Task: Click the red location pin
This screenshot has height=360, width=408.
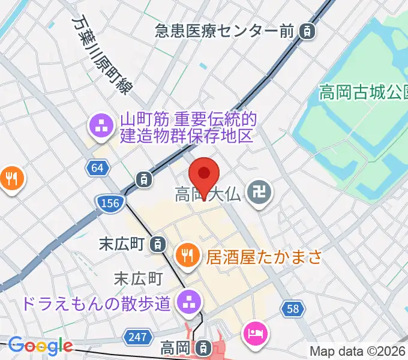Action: tap(204, 173)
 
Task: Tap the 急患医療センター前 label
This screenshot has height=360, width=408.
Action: tap(224, 29)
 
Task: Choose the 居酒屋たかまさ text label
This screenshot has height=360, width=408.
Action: tap(265, 258)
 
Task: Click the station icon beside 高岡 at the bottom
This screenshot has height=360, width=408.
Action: tap(204, 347)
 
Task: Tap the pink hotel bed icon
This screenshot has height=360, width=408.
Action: tap(254, 332)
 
